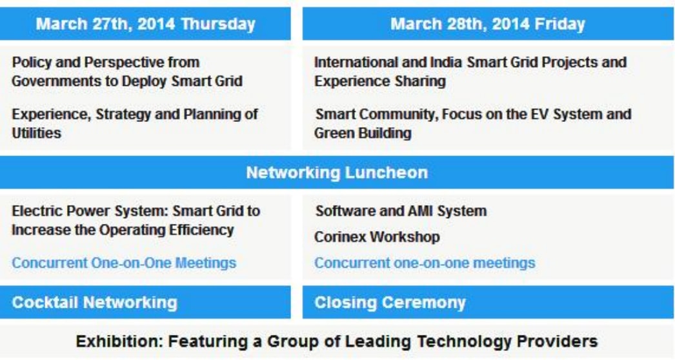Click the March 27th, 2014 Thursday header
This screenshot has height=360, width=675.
click(145, 24)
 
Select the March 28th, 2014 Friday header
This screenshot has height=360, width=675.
click(488, 24)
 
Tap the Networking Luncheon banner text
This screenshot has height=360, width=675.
click(337, 173)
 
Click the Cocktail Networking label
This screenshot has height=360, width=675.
click(95, 303)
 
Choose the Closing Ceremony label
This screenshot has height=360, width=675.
click(390, 303)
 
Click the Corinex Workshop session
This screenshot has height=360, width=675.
click(377, 237)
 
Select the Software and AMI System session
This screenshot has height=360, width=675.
click(401, 211)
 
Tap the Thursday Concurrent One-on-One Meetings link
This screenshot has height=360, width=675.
click(124, 263)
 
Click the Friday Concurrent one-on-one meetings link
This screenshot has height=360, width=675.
click(425, 263)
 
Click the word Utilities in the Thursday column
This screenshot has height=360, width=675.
click(37, 133)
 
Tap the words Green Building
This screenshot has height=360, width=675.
click(363, 133)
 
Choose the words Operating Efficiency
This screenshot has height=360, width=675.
click(166, 230)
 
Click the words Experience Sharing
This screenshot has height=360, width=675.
click(380, 81)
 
